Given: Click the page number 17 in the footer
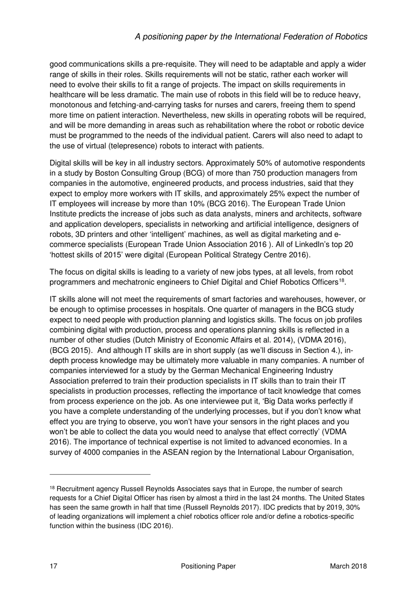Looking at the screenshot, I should click(x=54, y=566).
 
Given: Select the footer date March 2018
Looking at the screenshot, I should click(x=348, y=566).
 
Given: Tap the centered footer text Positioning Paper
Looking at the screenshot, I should click(x=208, y=566).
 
